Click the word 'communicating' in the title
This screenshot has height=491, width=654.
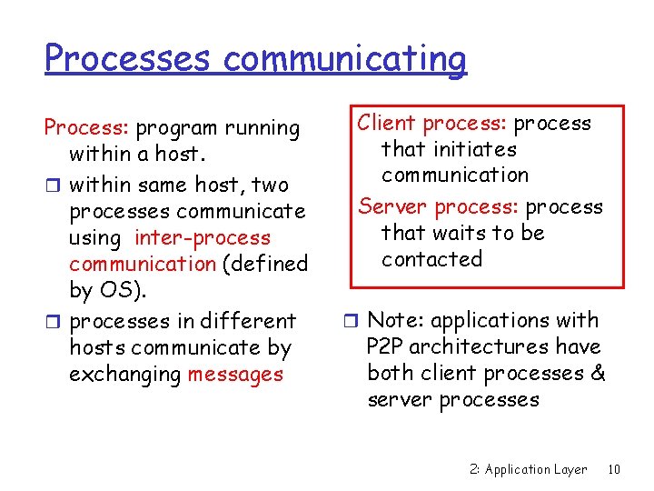coord(344,58)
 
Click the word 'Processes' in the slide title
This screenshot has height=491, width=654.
coord(128,58)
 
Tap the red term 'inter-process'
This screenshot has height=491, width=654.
coord(203,238)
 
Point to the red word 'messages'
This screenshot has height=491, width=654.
coord(235,375)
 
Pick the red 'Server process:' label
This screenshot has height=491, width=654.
coord(440,207)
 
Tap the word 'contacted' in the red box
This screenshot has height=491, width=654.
coord(431,259)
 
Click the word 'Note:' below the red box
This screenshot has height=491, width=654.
coord(394,320)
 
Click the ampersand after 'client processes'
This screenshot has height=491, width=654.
coord(597,373)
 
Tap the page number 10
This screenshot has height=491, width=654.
coord(614,469)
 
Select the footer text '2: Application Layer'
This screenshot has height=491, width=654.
coord(529,469)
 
